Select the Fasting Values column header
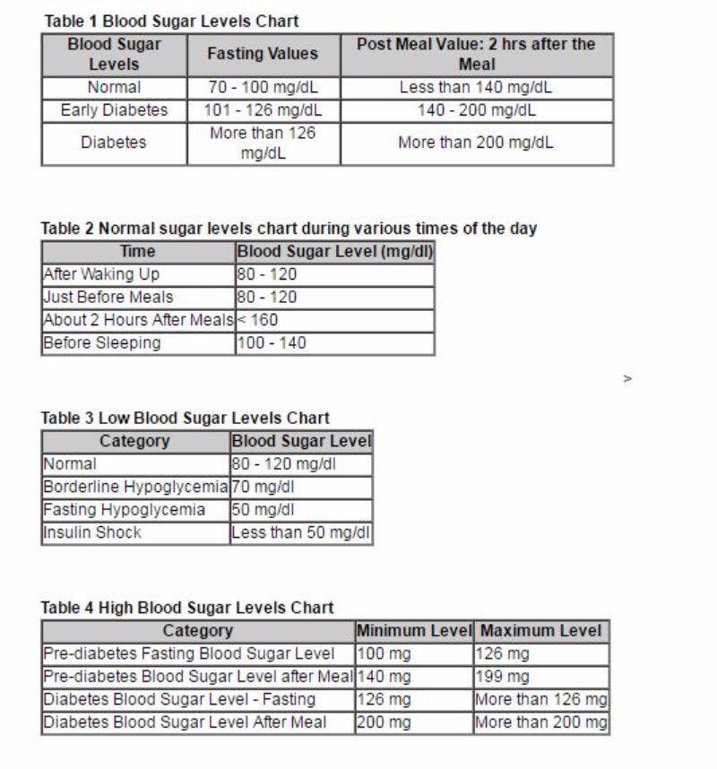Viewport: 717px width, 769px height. pos(263,54)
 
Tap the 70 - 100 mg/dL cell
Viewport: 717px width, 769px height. pos(263,88)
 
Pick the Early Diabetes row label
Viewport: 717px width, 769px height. pos(114,110)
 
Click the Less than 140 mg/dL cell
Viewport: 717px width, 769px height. pos(476,88)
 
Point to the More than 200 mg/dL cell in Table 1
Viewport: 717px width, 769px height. pos(476,143)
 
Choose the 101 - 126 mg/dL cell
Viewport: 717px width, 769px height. pos(263,110)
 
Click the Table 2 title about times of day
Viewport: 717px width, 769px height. pos(289,228)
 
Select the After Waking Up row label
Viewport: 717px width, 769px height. pos(101,274)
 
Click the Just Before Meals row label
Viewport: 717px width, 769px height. pos(108,297)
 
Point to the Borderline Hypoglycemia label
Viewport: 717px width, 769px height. pos(135,488)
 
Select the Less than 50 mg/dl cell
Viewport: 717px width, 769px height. pos(300,532)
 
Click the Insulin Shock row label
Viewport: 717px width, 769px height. pos(92,532)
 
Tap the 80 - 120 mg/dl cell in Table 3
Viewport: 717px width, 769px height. pos(289,464)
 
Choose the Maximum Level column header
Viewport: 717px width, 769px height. pos(540,631)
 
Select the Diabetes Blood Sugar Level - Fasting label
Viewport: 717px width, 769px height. pos(179,698)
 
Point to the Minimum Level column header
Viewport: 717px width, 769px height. pos(413,631)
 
